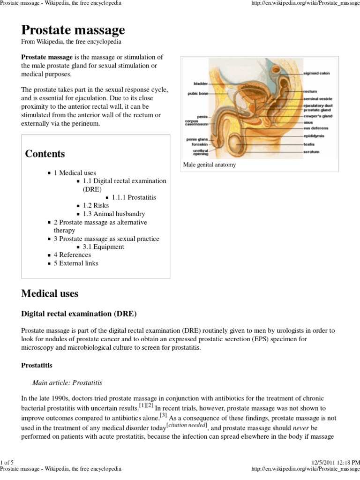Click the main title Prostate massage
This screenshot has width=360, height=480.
(x=73, y=30)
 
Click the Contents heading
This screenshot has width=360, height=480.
(x=45, y=154)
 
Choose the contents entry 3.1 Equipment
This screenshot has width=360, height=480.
(x=104, y=247)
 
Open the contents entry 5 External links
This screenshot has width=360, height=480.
(x=76, y=263)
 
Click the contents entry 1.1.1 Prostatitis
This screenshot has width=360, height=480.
(x=134, y=197)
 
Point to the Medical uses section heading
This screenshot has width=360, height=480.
(x=50, y=294)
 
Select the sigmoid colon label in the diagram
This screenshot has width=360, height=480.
(x=317, y=74)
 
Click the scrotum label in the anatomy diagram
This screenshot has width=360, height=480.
(x=311, y=152)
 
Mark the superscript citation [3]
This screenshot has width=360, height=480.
(x=163, y=415)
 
